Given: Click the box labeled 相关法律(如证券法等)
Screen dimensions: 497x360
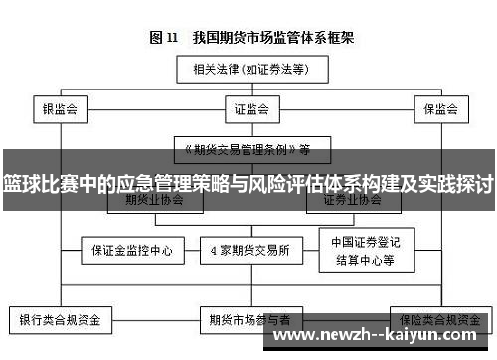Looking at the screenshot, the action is pos(248,70).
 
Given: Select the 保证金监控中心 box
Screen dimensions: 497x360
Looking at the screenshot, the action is pos(132,249).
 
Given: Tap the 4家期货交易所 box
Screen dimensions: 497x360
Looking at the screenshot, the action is pos(249,249).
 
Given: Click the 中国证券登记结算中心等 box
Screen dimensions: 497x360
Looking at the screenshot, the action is pos(362,249).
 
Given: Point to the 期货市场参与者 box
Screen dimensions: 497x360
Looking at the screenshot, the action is pos(249,320).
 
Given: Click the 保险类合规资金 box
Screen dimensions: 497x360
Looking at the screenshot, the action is pos(437,320).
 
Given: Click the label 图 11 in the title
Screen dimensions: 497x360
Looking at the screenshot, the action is pos(163,38).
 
